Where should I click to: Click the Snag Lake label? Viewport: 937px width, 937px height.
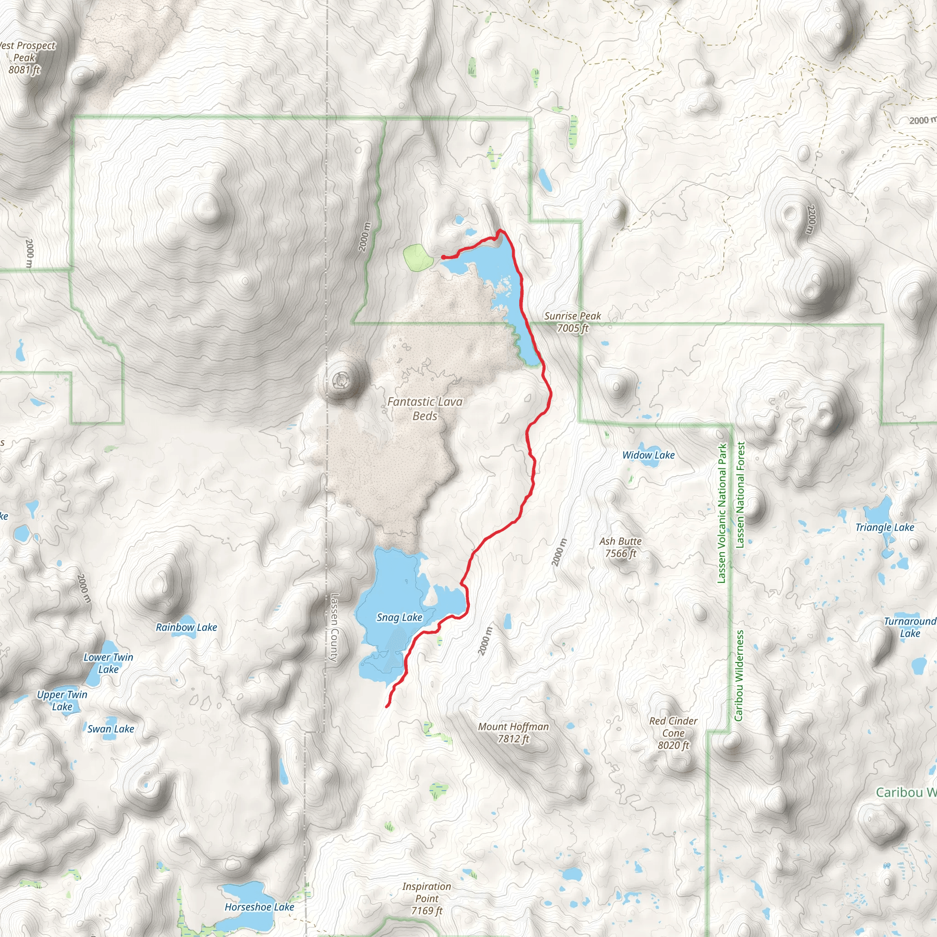coord(399,617)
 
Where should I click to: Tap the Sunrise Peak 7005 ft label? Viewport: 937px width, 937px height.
coord(572,322)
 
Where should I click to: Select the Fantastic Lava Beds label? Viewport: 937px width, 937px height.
coord(425,409)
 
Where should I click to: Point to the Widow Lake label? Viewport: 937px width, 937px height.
coord(648,455)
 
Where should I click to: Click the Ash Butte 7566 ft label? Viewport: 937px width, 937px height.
coord(620,547)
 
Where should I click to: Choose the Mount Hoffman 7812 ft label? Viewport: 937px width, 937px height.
coord(513,732)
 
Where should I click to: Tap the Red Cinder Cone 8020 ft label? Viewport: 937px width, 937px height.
coord(673,733)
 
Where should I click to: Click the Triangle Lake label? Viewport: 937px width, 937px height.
coord(885,527)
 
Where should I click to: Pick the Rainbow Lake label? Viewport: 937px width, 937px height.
coord(186,627)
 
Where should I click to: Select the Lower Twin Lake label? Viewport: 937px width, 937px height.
coord(108,663)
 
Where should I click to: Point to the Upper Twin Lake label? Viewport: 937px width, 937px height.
coord(62,700)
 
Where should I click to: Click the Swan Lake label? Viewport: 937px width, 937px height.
coord(111,728)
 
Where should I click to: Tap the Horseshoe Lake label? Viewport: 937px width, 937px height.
coord(259,907)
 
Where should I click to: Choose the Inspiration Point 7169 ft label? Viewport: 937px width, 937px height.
coord(426,898)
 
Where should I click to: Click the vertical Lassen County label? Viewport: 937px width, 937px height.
coord(334,628)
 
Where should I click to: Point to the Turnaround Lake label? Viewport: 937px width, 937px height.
coord(910,627)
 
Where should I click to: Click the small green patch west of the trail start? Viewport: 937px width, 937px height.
coord(418,258)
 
